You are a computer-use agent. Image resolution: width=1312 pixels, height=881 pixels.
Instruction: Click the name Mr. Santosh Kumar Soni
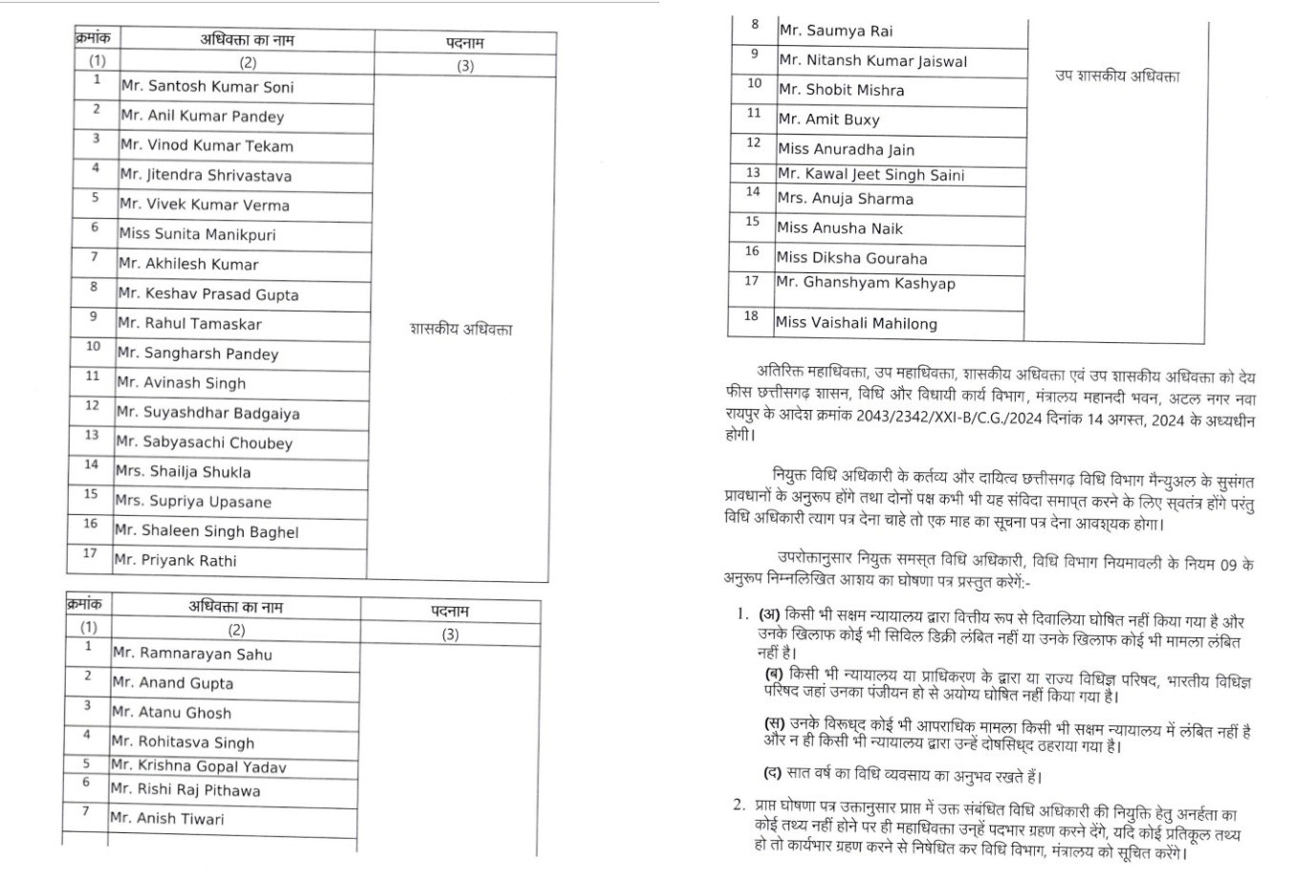(x=207, y=87)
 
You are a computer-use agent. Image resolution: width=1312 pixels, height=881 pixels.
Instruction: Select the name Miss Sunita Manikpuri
(x=197, y=234)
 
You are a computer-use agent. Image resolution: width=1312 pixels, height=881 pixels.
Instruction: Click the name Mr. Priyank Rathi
(x=175, y=561)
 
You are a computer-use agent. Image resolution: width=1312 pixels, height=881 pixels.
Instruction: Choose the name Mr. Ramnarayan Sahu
(x=192, y=655)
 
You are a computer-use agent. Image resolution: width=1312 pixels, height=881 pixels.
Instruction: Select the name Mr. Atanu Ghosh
(x=171, y=713)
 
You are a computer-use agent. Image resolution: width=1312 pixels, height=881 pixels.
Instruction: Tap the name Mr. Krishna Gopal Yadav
(x=198, y=766)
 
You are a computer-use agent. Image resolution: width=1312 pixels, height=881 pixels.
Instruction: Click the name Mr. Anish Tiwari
(x=167, y=819)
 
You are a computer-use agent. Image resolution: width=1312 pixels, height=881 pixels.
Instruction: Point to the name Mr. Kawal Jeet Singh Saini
(x=871, y=175)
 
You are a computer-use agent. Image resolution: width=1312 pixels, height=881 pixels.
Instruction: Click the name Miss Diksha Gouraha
(x=851, y=258)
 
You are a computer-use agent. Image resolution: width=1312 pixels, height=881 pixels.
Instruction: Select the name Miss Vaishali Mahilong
(x=856, y=323)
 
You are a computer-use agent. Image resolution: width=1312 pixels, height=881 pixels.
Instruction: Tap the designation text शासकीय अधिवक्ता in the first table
(x=461, y=330)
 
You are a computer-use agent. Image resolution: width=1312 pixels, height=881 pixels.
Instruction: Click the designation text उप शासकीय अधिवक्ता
(x=1117, y=75)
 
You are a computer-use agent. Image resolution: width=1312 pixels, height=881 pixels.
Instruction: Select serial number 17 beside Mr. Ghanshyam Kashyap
(x=751, y=281)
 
